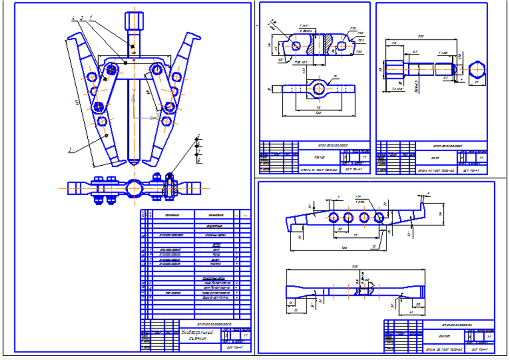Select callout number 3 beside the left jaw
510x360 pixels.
[x=69, y=150]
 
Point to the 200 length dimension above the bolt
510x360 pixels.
[x=421, y=37]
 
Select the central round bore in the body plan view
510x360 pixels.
[x=318, y=89]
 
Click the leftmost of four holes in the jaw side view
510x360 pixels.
[x=333, y=217]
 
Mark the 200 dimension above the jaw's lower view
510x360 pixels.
[x=355, y=266]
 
